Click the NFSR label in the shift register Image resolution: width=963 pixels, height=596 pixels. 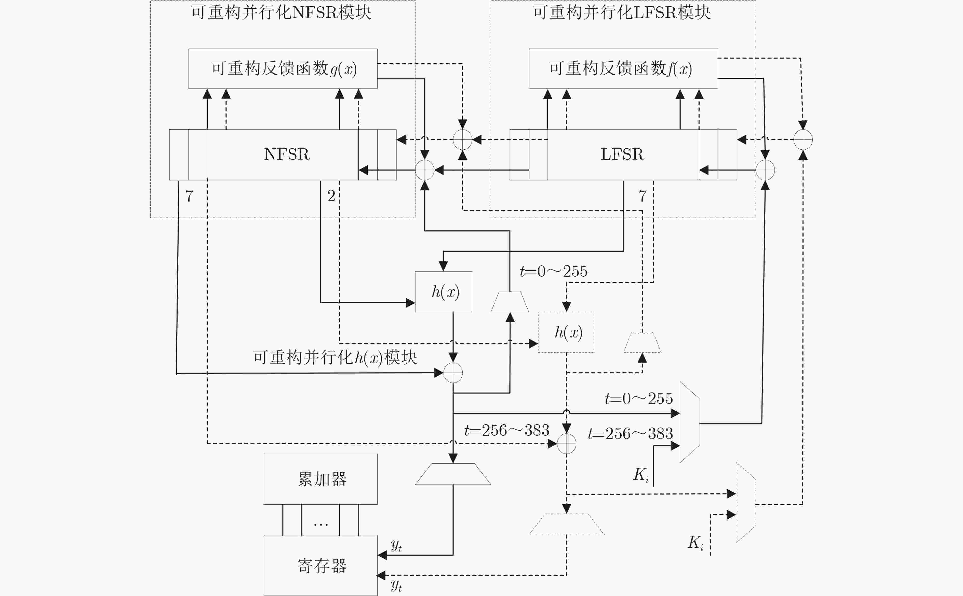click(x=287, y=154)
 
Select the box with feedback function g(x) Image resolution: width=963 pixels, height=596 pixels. click(x=283, y=69)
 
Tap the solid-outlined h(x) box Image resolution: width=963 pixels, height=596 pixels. click(x=444, y=292)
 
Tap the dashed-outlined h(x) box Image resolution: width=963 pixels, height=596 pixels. click(x=567, y=332)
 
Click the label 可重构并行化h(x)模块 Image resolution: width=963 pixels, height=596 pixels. click(x=335, y=358)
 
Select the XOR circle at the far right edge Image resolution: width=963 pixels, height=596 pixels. click(x=803, y=139)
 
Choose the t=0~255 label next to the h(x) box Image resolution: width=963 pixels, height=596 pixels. click(x=554, y=271)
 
